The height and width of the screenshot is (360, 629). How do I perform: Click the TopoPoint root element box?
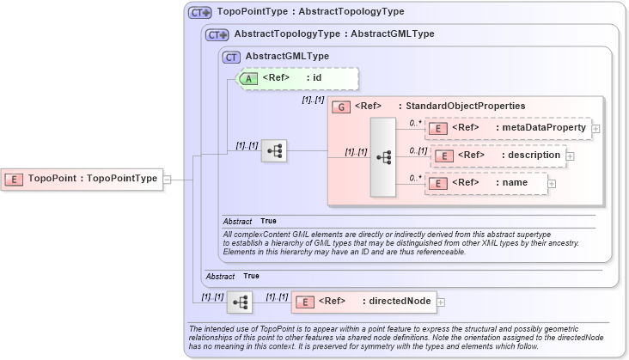coord(82,179)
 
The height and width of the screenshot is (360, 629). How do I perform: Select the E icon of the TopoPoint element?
coord(15,179)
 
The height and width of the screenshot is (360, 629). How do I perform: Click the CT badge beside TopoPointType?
coord(199,13)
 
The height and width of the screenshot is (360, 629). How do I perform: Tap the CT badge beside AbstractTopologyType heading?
coord(217,35)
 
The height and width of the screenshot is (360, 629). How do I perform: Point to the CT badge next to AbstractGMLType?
coord(231,57)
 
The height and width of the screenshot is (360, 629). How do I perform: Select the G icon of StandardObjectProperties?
coord(340,107)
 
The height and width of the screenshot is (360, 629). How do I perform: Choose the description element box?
coord(498,156)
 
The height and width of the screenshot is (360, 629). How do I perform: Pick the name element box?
coord(486,183)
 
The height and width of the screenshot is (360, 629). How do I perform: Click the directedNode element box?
coord(364,302)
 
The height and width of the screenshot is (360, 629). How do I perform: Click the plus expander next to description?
coord(570,156)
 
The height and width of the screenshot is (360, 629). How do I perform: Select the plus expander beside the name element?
coord(552,183)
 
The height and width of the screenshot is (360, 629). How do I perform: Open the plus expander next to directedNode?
coord(441,302)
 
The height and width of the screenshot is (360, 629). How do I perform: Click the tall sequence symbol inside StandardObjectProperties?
coord(382,157)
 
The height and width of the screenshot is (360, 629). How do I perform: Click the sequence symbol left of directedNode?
coord(240,302)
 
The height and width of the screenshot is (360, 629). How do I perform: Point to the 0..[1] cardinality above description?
coord(418,151)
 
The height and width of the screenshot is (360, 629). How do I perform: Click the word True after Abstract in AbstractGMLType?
coord(268,221)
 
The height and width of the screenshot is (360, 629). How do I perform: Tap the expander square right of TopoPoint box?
coord(168,180)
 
